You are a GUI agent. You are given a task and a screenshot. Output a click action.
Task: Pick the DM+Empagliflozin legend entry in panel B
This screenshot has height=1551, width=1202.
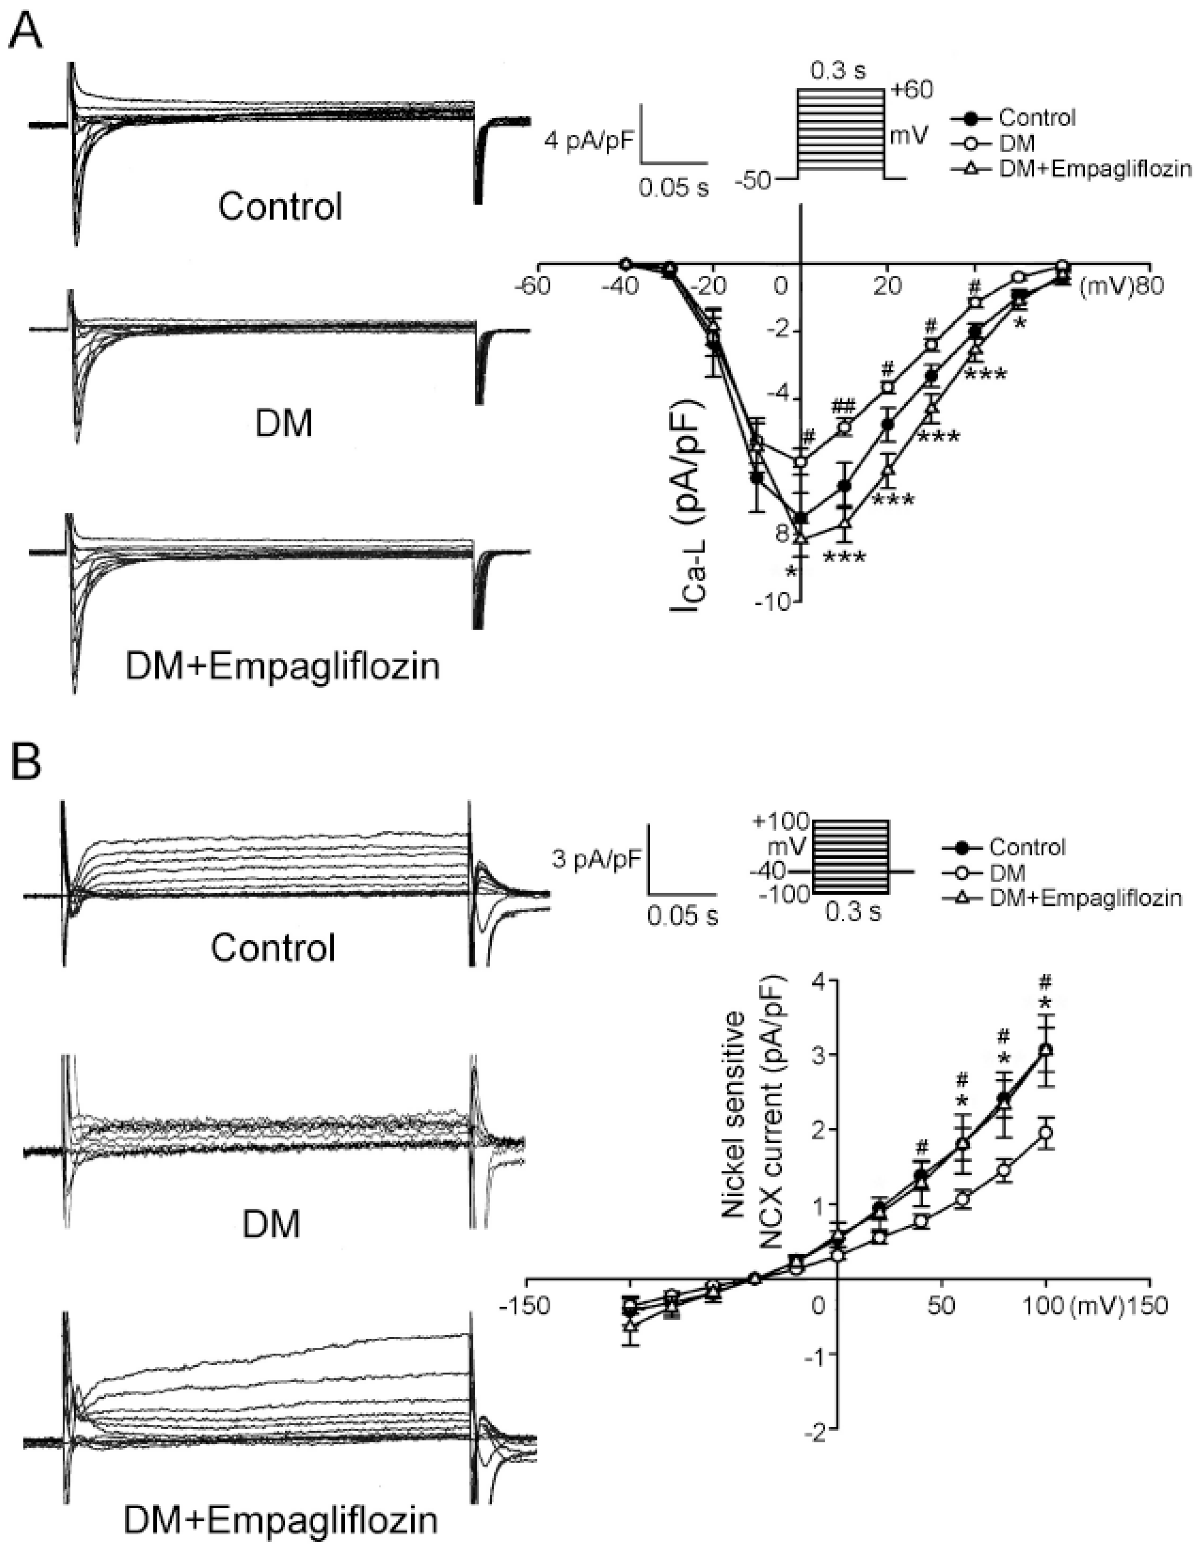(1084, 898)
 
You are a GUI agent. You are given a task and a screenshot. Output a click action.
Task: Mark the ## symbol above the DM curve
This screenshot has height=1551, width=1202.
(843, 405)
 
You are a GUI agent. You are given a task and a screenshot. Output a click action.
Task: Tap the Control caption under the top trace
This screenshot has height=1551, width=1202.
(280, 207)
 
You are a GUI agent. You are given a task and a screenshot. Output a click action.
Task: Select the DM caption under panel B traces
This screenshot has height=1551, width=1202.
(272, 1223)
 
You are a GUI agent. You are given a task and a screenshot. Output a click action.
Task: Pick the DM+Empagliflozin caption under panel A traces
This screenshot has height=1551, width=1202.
(283, 666)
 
